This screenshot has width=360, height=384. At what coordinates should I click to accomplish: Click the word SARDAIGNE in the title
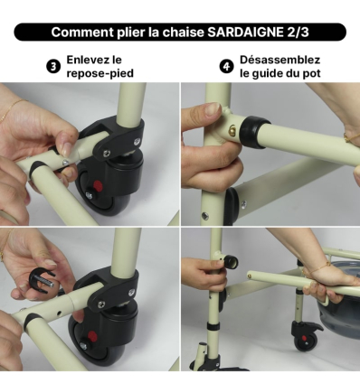tap(254, 33)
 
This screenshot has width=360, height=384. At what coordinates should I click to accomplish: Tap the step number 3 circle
tap(54, 66)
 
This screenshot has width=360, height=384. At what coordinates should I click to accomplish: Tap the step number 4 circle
tap(227, 66)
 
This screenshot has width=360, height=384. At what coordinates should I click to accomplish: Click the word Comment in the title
tap(84, 33)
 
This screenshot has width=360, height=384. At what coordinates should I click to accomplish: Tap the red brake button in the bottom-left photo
tap(84, 343)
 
